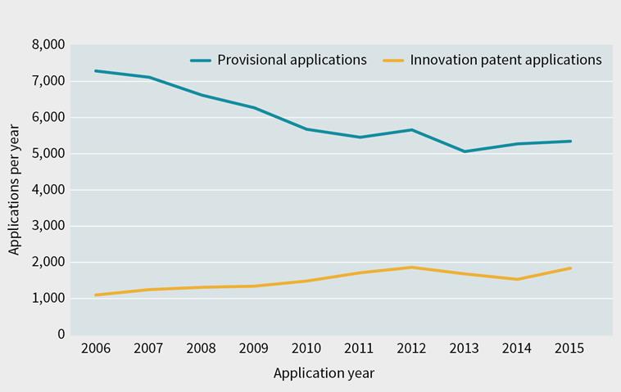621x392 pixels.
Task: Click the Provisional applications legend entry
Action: point(291,60)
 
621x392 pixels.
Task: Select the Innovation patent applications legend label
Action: point(505,60)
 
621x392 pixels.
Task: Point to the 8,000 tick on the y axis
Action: point(48,45)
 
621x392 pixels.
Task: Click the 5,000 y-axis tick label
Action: point(48,154)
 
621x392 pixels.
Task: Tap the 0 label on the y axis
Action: point(60,335)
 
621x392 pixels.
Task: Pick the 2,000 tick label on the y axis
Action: point(48,263)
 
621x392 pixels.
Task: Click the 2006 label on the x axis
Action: point(96,349)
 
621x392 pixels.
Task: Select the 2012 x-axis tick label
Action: point(411,349)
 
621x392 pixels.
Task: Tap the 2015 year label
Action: point(569,349)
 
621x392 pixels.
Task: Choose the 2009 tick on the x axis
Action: point(254,349)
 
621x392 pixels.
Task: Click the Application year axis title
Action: point(324,373)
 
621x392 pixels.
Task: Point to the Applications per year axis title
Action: point(15,189)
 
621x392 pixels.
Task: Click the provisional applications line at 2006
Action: point(96,71)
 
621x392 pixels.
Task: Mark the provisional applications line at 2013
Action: point(464,151)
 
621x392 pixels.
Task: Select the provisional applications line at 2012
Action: point(411,129)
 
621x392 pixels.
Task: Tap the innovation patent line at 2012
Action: point(411,267)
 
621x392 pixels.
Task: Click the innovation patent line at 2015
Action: point(569,268)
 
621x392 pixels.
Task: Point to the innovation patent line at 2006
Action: point(96,295)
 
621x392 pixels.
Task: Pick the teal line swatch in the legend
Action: point(202,60)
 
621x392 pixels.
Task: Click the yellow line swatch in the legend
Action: point(396,60)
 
